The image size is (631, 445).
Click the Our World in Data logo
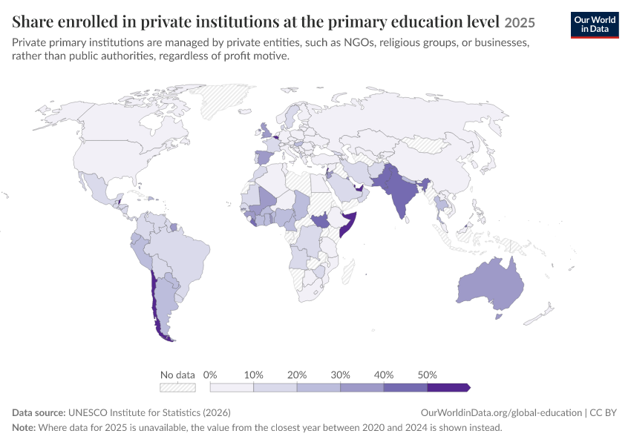(595, 25)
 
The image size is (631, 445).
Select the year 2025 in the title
(520, 22)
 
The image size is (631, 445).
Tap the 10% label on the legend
(254, 375)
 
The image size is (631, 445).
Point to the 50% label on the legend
(427, 375)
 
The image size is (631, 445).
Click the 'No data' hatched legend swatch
(177, 387)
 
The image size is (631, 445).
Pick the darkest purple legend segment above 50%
(448, 387)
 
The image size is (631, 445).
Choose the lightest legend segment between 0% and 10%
(232, 387)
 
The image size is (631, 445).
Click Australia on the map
(491, 285)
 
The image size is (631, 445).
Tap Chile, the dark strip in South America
(154, 306)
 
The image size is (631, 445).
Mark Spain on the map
(264, 156)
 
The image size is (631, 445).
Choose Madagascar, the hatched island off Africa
(348, 271)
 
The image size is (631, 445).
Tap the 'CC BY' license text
(603, 412)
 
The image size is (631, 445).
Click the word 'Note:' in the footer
(24, 427)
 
